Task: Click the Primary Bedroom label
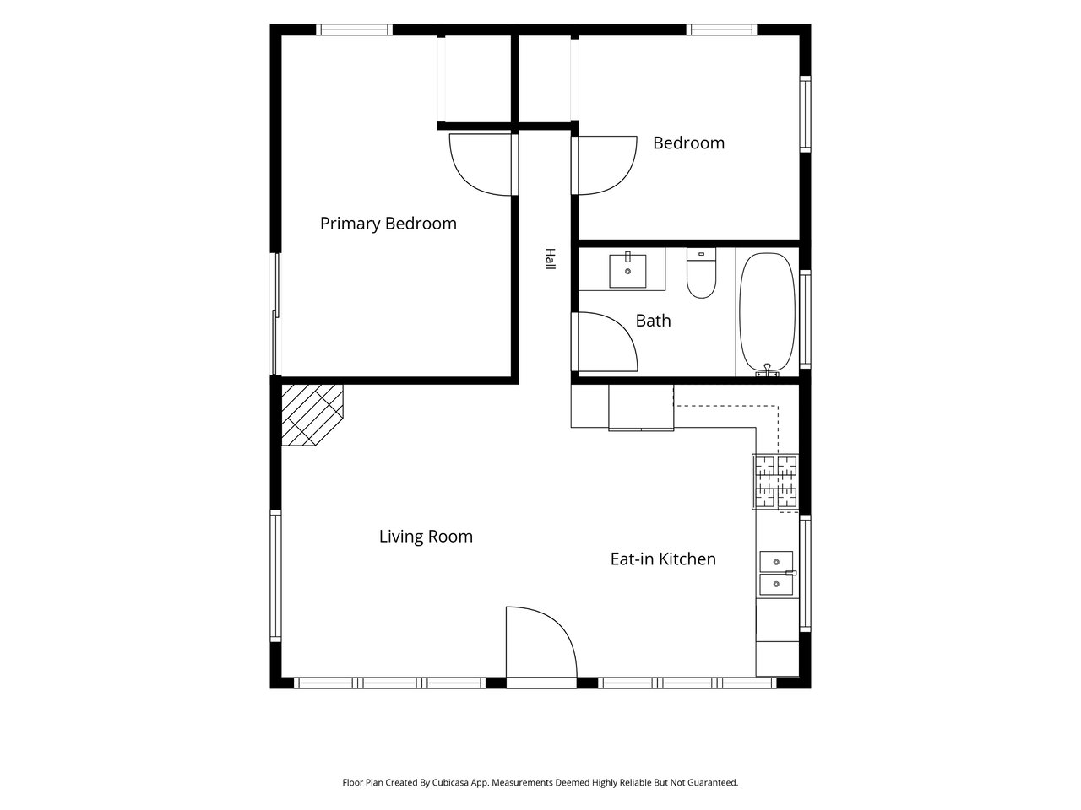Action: tap(388, 224)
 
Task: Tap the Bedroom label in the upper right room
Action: tap(688, 143)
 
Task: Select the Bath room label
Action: tap(653, 321)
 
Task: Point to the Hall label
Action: tap(550, 259)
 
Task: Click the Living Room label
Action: tap(426, 537)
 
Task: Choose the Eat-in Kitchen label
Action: tap(663, 559)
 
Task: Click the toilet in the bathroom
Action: tap(701, 273)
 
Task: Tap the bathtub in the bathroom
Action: tap(768, 313)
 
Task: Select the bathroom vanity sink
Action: tap(627, 270)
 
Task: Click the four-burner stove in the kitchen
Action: tap(775, 482)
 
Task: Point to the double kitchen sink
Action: tap(777, 573)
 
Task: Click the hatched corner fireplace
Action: tap(312, 416)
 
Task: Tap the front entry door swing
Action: tap(541, 642)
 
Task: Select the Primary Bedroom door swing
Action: tap(481, 165)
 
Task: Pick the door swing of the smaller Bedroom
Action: tap(607, 165)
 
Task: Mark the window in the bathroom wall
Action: tap(805, 319)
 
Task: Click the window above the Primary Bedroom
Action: tap(354, 30)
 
